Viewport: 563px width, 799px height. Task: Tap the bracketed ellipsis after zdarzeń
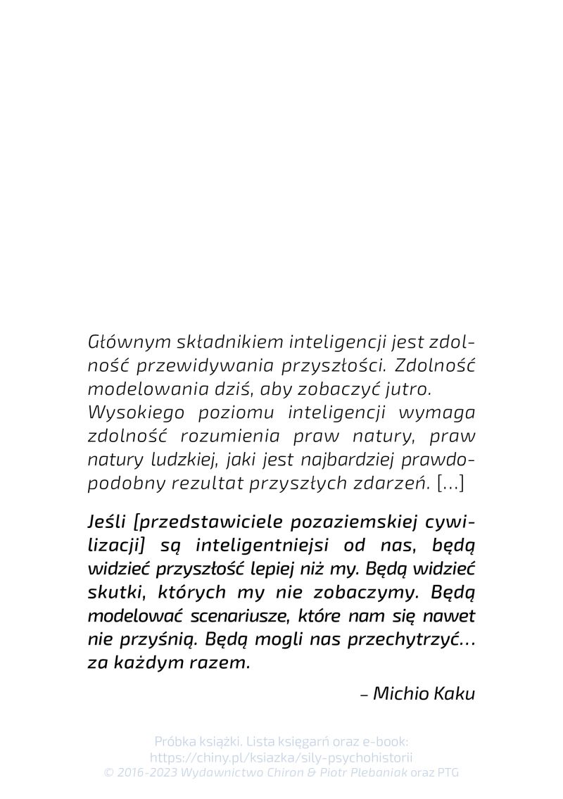tap(450, 483)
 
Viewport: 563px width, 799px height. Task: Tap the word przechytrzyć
tap(400, 639)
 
